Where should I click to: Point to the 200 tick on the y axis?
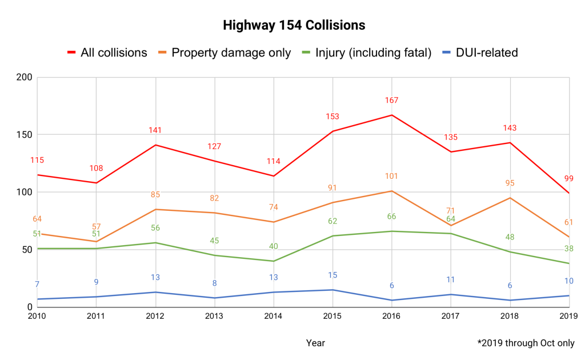[24, 77]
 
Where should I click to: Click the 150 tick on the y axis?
[24, 135]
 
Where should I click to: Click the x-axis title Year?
[315, 343]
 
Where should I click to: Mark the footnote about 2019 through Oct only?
[526, 343]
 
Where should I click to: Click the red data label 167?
[391, 101]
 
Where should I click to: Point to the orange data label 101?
[391, 177]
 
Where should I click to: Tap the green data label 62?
[332, 221]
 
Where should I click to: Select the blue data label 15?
[332, 275]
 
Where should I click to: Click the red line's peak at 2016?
[392, 115]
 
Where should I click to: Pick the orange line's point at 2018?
[510, 198]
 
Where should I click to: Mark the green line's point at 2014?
[274, 261]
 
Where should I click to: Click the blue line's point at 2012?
[155, 292]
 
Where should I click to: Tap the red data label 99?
[568, 179]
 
